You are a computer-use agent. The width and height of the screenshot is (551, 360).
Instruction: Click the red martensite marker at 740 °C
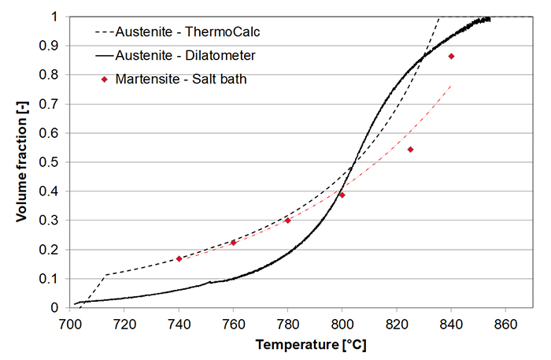(179, 258)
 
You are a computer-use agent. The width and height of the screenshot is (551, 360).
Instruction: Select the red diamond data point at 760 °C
(233, 243)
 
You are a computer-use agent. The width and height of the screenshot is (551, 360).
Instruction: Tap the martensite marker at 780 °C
(287, 221)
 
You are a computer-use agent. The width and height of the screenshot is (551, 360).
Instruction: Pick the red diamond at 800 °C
(342, 195)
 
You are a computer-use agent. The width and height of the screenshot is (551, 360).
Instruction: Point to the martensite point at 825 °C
(410, 149)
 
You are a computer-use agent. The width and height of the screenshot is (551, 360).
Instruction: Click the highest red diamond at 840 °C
(451, 56)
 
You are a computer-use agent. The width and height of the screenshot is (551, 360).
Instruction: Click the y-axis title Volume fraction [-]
(21, 161)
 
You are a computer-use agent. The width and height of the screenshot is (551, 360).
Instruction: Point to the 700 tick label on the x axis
(70, 323)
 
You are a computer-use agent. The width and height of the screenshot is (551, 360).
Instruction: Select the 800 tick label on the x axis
(342, 323)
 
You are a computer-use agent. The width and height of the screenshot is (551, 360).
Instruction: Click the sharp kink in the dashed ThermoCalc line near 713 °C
(105, 275)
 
